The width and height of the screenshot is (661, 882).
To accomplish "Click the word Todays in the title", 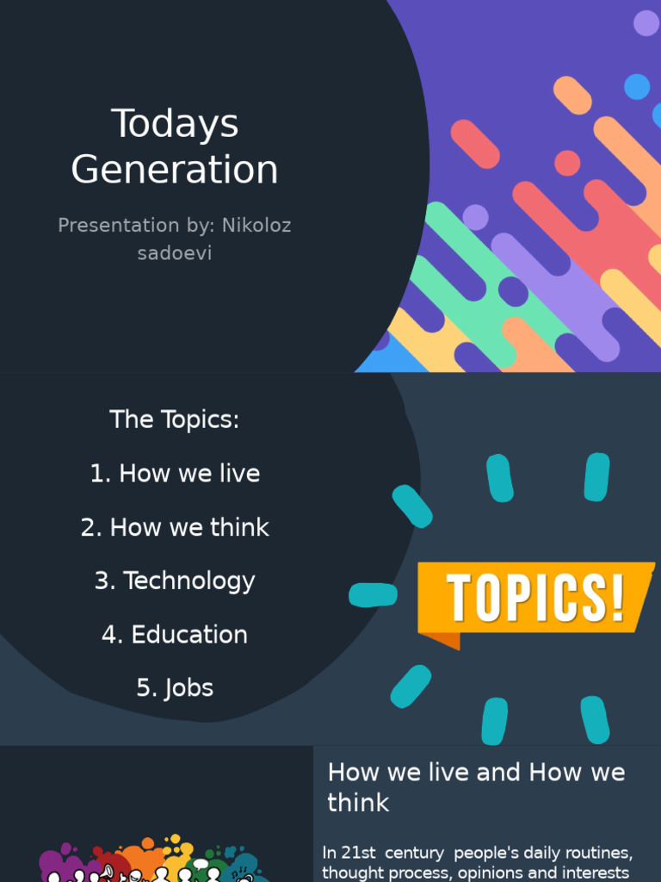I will (175, 124).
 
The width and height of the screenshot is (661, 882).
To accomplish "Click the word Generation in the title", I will (175, 170).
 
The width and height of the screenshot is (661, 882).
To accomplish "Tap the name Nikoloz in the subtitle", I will (256, 226).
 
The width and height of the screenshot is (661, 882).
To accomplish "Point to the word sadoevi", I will (175, 253).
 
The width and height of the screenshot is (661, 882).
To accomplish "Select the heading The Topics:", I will (175, 420).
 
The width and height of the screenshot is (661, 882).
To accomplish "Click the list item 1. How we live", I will (175, 474).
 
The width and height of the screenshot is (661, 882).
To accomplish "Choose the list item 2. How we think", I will (175, 527).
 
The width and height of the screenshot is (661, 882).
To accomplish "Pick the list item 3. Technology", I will (175, 581).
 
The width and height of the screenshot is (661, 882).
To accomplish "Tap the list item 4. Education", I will (175, 635).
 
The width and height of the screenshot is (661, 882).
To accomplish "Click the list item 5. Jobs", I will (175, 688).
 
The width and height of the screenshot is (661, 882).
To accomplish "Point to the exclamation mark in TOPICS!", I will (616, 597).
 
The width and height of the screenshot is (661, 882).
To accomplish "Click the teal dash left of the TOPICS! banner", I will (373, 594).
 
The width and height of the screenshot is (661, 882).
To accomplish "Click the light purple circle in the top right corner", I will (646, 23).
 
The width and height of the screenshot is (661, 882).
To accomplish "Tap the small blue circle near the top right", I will (637, 87).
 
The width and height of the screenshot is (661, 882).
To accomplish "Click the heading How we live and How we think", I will (476, 787).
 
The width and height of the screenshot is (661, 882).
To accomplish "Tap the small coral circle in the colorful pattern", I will (567, 163).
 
